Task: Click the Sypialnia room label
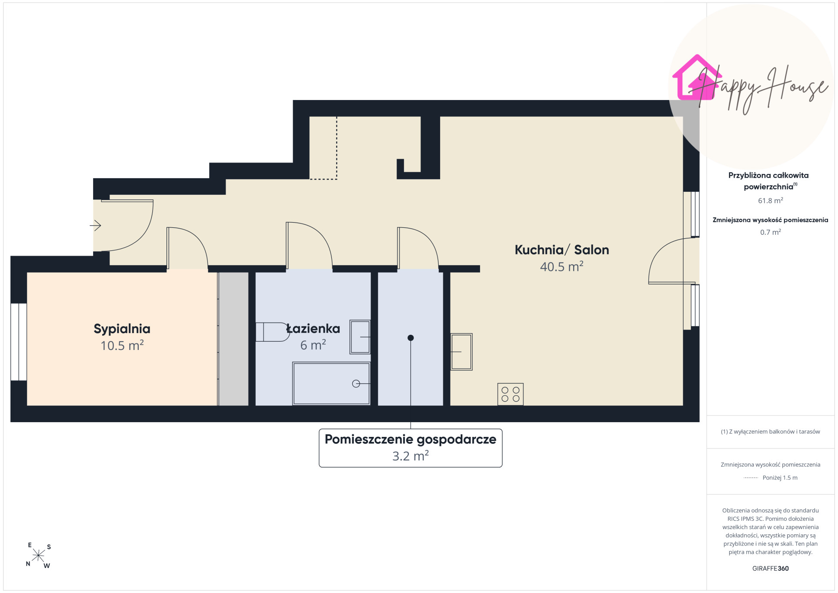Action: pos(122,329)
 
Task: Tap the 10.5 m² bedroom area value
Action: pos(122,346)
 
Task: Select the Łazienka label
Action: pos(313,329)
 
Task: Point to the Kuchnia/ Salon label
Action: pos(562,250)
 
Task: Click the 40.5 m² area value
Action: pos(562,267)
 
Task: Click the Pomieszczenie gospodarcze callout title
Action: pos(411,440)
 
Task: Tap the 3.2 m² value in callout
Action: pos(411,456)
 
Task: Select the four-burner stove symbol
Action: pos(511,394)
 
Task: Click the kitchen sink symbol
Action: pos(461,352)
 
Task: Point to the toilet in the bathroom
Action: pos(273,332)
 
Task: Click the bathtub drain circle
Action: pos(356,383)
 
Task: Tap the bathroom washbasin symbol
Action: pos(360,337)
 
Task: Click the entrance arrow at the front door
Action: pos(95,226)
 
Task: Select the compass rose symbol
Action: pos(38,556)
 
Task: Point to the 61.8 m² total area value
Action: pos(771,200)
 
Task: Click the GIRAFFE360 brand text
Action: pos(771,569)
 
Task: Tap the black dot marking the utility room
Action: pos(411,338)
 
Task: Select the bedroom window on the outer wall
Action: pos(19,342)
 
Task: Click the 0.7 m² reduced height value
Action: pos(771,232)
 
